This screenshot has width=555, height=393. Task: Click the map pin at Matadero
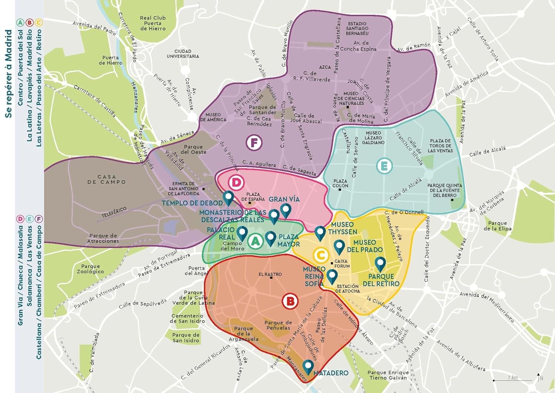pos(308,366)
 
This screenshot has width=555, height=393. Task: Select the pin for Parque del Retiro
pos(380,264)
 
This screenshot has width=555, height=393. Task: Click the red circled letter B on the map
pos(290,301)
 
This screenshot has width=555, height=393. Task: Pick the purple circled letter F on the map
pos(254,142)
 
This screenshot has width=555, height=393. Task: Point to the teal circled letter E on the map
pos(384,166)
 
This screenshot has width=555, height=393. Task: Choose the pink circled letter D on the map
pos(236,182)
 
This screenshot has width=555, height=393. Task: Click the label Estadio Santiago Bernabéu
pos(357,28)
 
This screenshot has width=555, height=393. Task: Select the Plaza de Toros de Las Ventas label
pos(440,146)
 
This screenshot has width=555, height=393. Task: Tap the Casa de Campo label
pos(107,179)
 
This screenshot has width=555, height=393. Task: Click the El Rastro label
pos(270,274)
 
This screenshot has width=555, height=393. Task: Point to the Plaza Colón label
pos(340,183)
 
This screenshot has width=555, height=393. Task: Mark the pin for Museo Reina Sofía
pos(332,276)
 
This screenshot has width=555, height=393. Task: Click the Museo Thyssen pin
pos(320,233)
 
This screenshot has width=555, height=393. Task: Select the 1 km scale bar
pos(512,379)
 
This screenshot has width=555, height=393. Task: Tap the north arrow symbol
pos(539,377)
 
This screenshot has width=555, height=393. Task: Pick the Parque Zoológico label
pos(91,269)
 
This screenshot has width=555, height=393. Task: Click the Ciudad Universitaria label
pos(183,54)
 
